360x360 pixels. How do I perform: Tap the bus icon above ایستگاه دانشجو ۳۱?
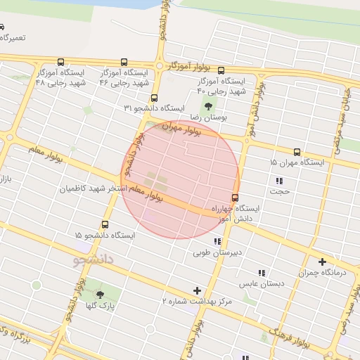pos(154,98)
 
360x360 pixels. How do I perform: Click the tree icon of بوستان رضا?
pos(212,105)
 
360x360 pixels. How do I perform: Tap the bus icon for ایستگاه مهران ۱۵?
pos(297,151)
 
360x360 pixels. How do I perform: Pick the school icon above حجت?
pos(279,181)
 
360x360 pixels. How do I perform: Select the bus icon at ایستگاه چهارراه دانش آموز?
pos(235,198)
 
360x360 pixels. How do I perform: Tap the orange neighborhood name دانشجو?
pos(95,260)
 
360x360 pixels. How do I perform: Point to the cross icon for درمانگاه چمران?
pos(322,262)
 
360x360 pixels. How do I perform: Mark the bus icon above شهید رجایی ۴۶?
pos(124,62)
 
